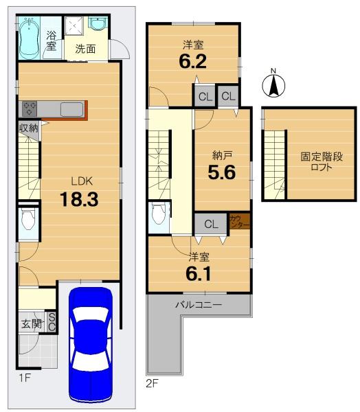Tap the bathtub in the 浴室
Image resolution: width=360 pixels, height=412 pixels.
pos(29,38)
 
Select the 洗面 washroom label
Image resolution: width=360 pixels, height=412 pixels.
pos(85,49)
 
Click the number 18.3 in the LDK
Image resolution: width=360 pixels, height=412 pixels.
pos(79,199)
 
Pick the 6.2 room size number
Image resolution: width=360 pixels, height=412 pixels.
pos(193,61)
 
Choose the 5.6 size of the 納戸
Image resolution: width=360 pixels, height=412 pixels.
pos(222,172)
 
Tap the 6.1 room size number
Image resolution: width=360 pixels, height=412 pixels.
pos(198,274)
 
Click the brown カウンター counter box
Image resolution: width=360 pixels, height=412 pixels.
pos(239,221)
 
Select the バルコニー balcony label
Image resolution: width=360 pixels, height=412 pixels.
pos(199,305)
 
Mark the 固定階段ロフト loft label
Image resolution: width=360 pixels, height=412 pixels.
pos(322,161)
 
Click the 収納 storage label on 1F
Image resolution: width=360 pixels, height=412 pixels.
pos(28,128)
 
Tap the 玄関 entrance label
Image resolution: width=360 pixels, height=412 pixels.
pos(32,323)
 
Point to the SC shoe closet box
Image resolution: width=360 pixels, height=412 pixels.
pos(52,323)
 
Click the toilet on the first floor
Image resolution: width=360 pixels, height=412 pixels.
pos(28,218)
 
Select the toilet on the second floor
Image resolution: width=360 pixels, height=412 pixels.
pos(159,214)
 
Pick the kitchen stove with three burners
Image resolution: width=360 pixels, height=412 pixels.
pos(29,108)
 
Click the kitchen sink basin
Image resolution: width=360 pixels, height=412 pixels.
pos(71,109)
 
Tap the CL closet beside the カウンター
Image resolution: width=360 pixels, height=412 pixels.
pos(211,224)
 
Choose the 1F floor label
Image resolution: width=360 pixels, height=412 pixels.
pos(25,378)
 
